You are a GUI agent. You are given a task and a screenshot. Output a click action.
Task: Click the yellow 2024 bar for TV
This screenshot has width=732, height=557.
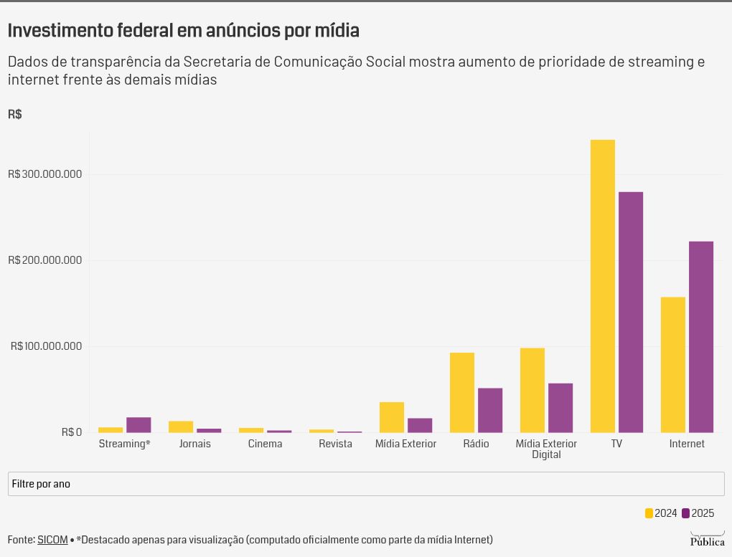tap(602, 286)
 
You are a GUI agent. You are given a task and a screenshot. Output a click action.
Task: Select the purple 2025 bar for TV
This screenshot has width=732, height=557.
tap(631, 312)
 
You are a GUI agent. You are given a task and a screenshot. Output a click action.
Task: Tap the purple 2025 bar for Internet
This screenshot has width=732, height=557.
tap(700, 337)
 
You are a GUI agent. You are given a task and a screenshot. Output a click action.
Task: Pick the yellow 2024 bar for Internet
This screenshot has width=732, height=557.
tap(672, 365)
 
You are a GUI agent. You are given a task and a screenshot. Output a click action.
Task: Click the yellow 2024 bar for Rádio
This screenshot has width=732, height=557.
tap(462, 392)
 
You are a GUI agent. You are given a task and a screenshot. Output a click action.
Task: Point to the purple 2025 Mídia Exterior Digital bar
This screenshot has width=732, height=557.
tap(560, 408)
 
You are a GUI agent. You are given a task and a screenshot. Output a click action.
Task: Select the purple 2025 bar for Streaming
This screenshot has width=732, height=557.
tap(139, 425)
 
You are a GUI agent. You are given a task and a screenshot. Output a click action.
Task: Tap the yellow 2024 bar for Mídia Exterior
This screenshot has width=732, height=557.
tap(392, 417)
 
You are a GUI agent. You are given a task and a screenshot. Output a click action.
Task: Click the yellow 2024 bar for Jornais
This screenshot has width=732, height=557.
tap(181, 427)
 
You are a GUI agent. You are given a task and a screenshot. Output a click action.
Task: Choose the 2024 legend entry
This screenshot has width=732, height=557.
tap(660, 513)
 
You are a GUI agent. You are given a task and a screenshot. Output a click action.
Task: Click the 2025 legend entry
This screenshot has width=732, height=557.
tap(698, 513)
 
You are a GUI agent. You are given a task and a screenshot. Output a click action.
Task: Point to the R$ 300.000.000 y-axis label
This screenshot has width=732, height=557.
tap(44, 174)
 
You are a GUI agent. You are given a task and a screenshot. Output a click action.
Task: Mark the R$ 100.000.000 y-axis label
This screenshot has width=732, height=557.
tap(46, 346)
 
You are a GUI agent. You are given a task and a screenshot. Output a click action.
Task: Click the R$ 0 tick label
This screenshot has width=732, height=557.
tap(72, 432)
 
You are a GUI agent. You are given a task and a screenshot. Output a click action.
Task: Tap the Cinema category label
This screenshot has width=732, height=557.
tap(265, 444)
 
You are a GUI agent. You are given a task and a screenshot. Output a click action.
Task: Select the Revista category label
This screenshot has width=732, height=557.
tap(335, 444)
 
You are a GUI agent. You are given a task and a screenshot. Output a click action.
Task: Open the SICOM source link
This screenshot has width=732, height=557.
tap(52, 540)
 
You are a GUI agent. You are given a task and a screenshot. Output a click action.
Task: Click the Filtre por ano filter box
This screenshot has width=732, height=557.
tap(366, 484)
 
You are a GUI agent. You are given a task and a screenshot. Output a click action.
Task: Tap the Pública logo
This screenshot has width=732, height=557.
tap(708, 539)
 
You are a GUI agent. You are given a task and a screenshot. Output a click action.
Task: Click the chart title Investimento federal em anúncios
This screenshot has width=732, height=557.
tap(184, 30)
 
